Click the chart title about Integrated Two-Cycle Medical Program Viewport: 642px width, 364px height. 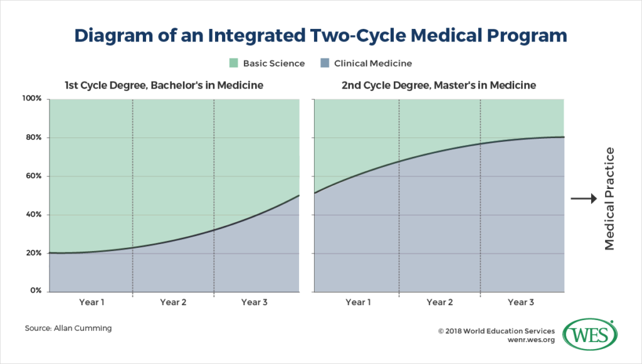[320, 36]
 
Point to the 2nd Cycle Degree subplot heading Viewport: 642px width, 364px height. [439, 85]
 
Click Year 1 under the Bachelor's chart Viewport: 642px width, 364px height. [92, 302]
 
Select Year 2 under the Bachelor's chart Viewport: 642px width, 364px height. [173, 302]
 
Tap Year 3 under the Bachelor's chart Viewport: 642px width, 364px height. [255, 302]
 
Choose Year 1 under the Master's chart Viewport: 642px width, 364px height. [357, 302]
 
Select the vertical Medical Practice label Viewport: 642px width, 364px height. [610, 199]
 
